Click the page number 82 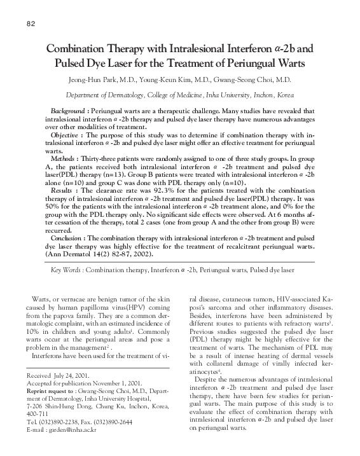coord(31,25)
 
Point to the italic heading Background coord(69,111)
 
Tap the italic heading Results coord(62,190)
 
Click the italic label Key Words coord(67,270)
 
